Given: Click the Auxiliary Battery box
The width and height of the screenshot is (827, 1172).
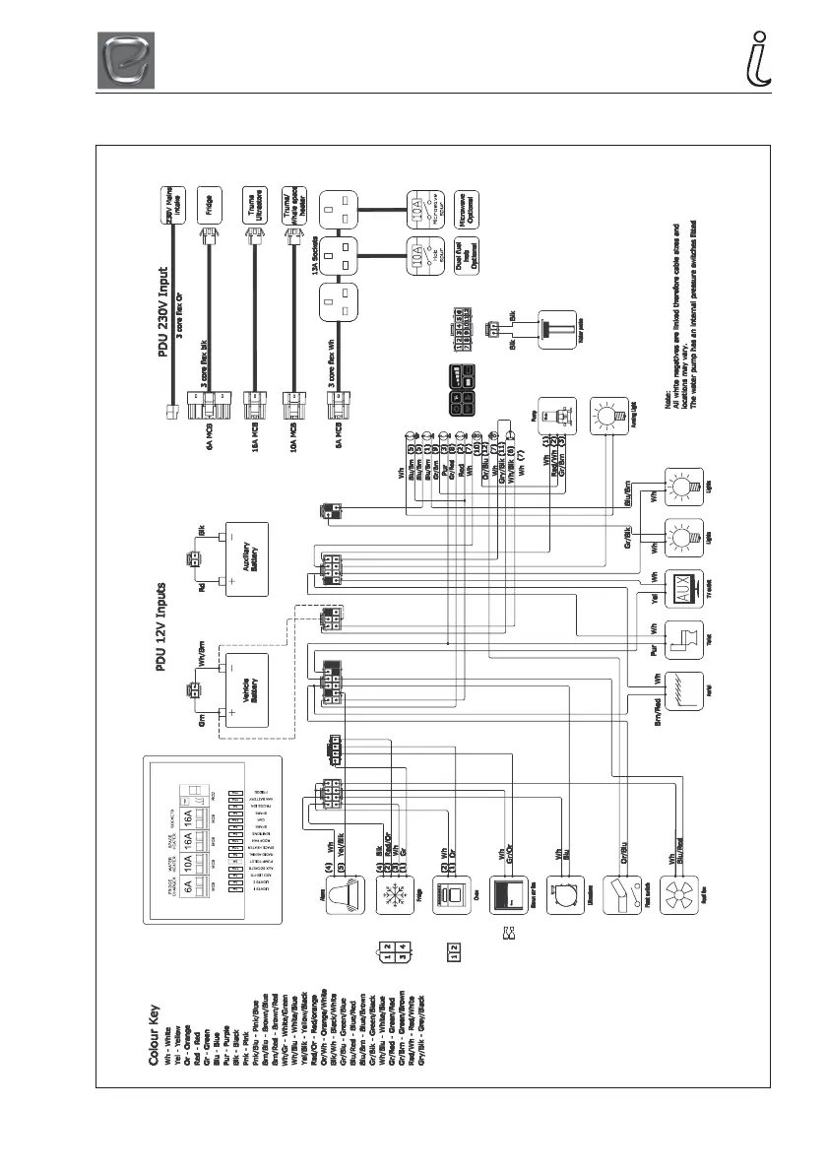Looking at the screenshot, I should coord(247,559).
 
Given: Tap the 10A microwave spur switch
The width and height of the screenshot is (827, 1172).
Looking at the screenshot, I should coord(419,210).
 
